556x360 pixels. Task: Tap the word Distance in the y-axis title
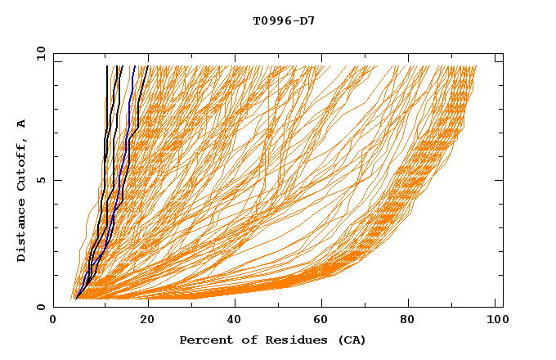coord(21,232)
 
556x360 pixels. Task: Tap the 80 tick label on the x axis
coord(409,322)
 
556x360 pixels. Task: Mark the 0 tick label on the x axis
coord(54,322)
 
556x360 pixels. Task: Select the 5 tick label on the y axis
coord(40,180)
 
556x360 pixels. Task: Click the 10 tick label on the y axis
coord(37,52)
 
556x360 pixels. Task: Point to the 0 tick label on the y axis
coord(40,308)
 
